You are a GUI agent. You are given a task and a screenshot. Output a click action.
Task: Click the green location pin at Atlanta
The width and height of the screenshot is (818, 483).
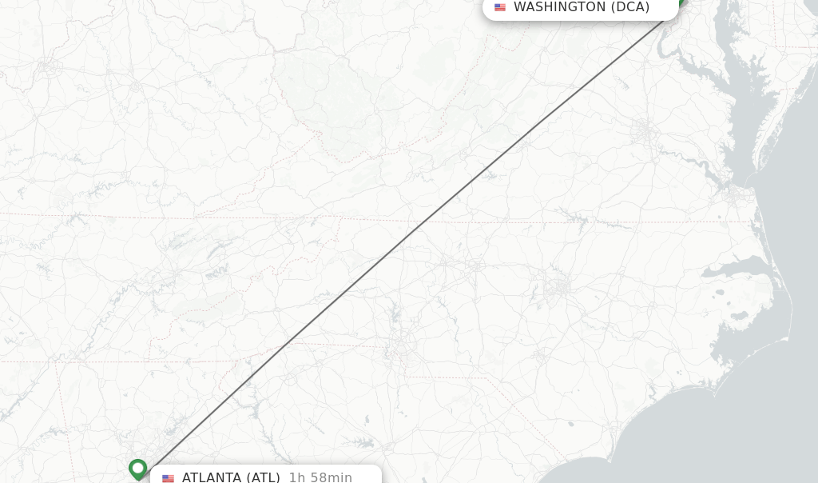tap(138, 468)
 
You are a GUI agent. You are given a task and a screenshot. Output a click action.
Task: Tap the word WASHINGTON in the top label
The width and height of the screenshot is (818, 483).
tap(559, 7)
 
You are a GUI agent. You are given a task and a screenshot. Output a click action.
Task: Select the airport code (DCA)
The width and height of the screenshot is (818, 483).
tap(630, 7)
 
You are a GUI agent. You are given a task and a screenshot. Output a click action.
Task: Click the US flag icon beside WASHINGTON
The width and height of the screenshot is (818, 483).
tap(500, 7)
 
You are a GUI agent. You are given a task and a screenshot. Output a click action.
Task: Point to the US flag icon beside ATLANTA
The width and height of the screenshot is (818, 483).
tap(169, 478)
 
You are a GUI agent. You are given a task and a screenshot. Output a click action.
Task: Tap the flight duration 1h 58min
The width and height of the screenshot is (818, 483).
tap(320, 477)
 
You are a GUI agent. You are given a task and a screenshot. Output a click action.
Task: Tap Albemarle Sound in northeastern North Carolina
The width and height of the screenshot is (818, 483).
tap(739, 268)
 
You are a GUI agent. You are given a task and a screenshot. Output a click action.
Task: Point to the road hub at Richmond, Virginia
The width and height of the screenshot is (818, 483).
tap(644, 132)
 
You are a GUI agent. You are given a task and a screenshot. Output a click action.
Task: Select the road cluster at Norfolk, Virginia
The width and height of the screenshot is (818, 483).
tap(735, 192)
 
